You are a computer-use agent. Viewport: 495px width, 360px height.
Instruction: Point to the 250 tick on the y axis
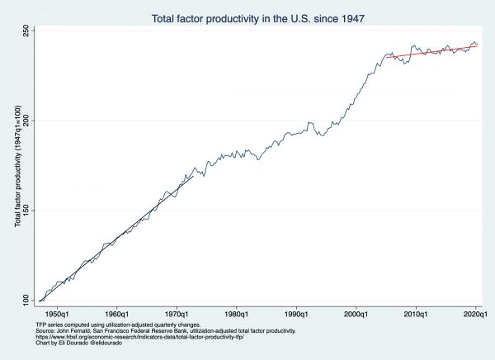(25, 30)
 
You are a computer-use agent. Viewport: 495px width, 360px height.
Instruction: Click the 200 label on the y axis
(25, 121)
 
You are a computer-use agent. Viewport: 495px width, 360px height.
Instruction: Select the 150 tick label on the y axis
(25, 211)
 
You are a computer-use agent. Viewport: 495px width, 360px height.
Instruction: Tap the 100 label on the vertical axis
(25, 301)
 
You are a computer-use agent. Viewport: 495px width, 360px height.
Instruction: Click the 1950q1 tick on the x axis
(57, 315)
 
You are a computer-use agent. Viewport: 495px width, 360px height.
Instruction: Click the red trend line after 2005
(429, 51)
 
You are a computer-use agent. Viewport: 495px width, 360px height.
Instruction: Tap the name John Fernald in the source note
(73, 330)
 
